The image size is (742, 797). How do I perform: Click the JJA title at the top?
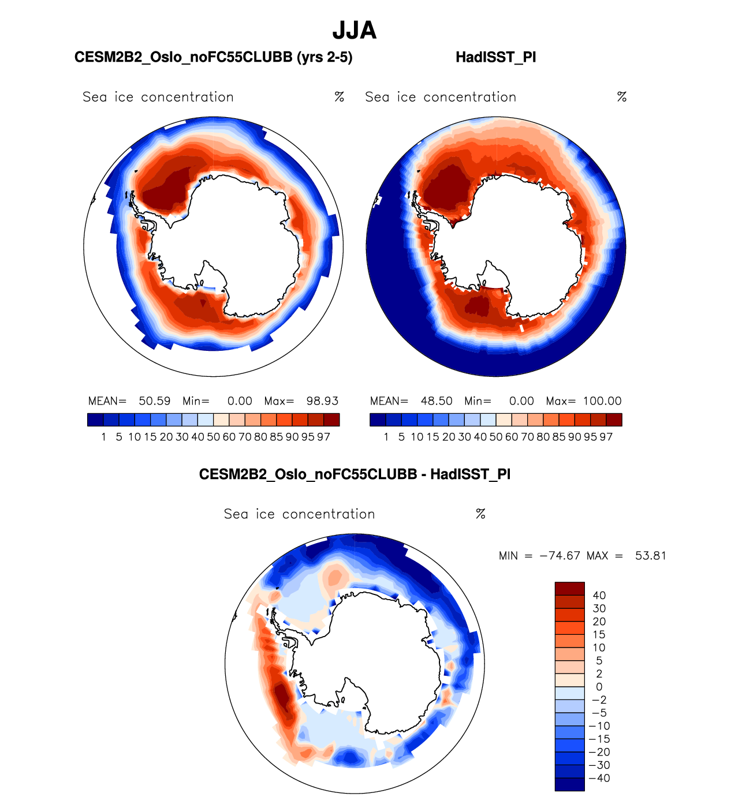[x=355, y=31]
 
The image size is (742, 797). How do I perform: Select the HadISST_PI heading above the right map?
[x=495, y=57]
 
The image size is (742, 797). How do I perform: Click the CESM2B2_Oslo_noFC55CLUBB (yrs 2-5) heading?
[x=213, y=57]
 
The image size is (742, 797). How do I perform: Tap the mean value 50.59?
[x=154, y=401]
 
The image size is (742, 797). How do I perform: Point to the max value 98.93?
[x=322, y=401]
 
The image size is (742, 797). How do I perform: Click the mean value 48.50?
[x=437, y=401]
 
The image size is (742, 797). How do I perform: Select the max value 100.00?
[x=602, y=401]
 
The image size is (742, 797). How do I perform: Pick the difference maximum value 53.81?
[x=651, y=556]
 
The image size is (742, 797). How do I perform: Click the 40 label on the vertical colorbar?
[x=599, y=596]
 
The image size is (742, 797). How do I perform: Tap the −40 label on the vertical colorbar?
[x=599, y=778]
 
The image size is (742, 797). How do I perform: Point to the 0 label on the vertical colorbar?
[x=599, y=687]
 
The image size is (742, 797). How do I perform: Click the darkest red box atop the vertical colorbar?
[x=569, y=589]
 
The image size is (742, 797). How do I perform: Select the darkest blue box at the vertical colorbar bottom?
[x=569, y=784]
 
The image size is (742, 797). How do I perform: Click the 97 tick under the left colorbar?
[x=323, y=437]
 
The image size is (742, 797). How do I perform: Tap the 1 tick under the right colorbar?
[x=386, y=437]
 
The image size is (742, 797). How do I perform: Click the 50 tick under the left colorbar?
[x=214, y=437]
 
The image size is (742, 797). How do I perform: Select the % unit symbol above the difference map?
[x=480, y=514]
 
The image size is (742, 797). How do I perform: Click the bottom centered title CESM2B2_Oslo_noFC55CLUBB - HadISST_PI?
[x=355, y=474]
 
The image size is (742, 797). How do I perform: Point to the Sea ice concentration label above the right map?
[x=441, y=97]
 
